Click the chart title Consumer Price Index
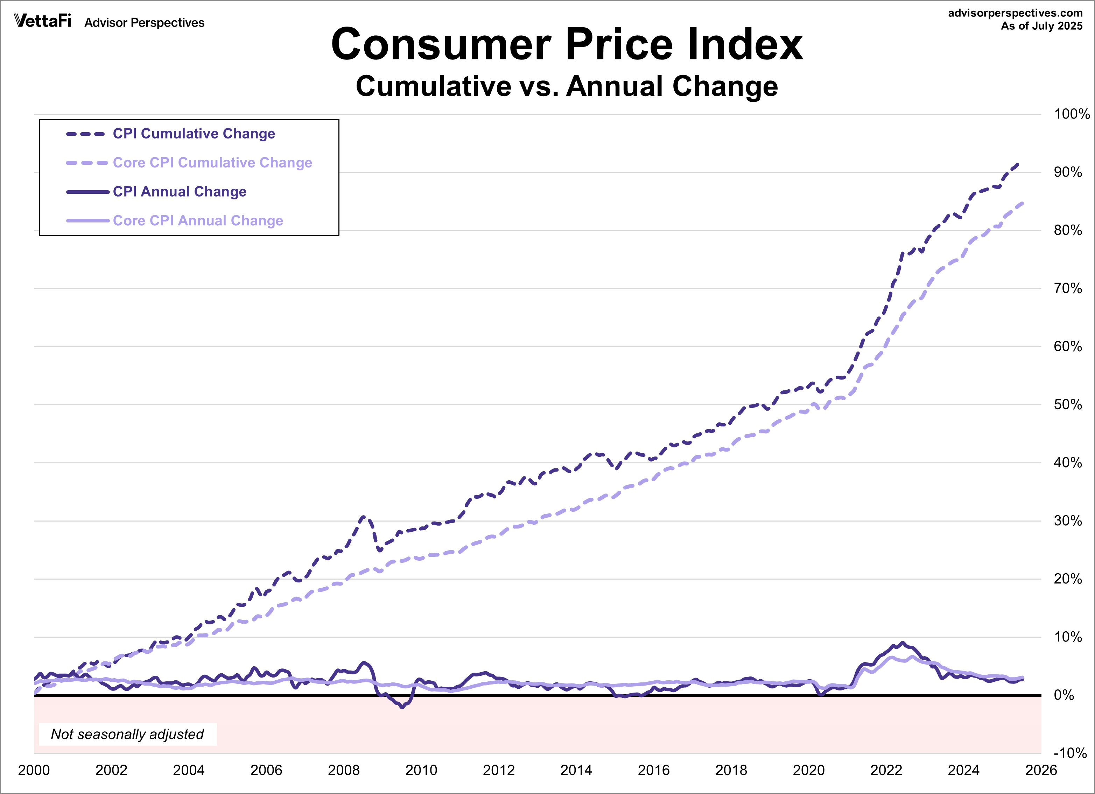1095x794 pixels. tap(567, 44)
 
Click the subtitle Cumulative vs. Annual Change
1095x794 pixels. tap(567, 86)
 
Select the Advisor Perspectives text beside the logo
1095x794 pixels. tap(145, 23)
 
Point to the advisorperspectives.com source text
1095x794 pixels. tap(1015, 13)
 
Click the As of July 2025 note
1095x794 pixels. tap(1041, 26)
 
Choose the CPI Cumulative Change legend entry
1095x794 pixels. tap(194, 134)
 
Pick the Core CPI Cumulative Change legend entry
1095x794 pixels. tap(212, 163)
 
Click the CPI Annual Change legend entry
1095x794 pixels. tap(179, 192)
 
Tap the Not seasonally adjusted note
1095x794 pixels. tap(127, 734)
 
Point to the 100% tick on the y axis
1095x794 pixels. tap(1071, 114)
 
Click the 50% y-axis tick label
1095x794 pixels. tap(1067, 404)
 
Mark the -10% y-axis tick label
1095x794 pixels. tap(1069, 753)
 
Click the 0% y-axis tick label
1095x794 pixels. tap(1064, 695)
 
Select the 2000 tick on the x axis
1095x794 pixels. tap(34, 770)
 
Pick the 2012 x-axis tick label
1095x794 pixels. tap(499, 770)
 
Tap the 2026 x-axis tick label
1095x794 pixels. tap(1041, 770)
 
